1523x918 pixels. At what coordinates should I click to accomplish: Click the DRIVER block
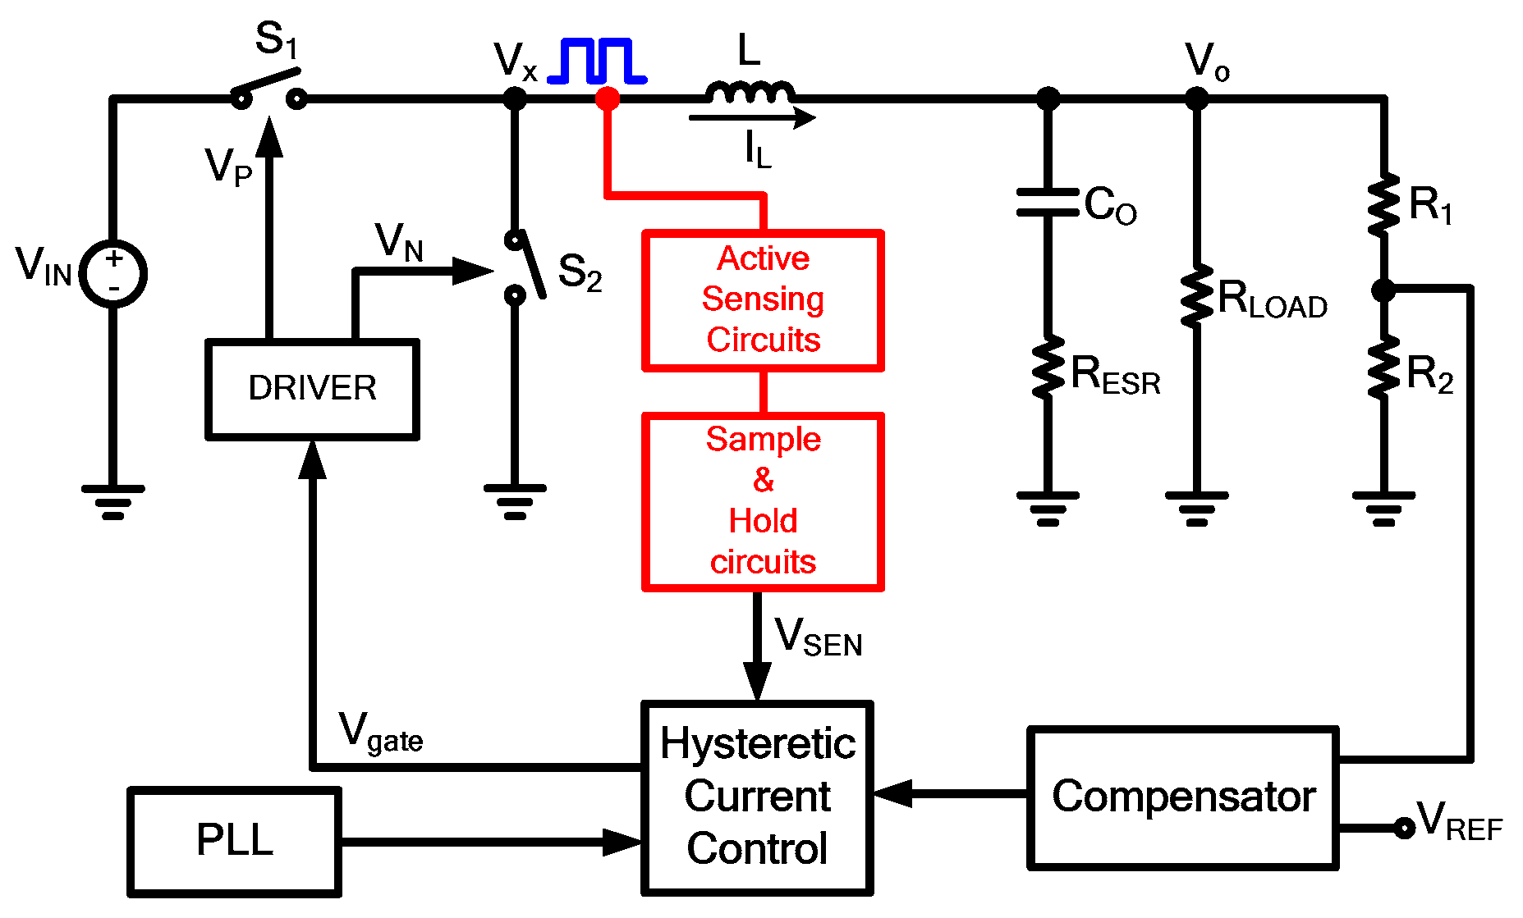point(312,389)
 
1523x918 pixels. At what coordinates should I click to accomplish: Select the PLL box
point(234,841)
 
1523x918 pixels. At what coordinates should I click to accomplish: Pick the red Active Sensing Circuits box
point(763,300)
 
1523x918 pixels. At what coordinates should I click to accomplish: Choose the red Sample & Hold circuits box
point(763,501)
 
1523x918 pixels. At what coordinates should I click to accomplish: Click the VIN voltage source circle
point(113,274)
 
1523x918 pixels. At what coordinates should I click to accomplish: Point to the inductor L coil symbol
point(750,92)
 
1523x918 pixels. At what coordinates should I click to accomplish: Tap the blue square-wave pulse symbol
point(597,62)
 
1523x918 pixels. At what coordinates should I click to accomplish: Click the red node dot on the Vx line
point(608,99)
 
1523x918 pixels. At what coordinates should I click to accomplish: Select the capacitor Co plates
point(1048,202)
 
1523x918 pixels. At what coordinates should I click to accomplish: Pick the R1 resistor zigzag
point(1384,204)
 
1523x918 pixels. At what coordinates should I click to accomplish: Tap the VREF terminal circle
point(1405,828)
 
